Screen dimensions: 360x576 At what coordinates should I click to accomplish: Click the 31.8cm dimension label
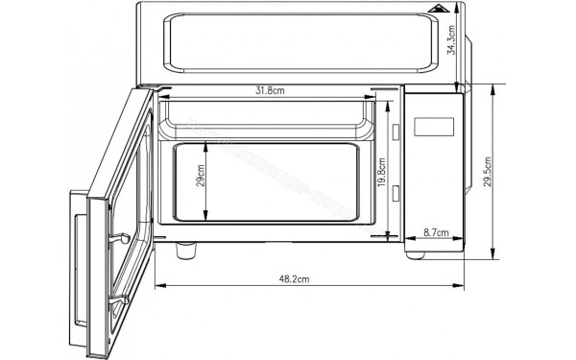point(269,90)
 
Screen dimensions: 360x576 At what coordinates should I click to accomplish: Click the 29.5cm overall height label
point(487,171)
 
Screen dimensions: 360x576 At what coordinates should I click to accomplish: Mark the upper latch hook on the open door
point(120,237)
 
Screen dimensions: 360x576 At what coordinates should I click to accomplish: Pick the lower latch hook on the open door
point(120,300)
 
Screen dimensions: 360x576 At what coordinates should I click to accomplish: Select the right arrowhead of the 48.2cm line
point(463,285)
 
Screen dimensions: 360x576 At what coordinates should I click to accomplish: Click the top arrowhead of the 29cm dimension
point(206,145)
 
